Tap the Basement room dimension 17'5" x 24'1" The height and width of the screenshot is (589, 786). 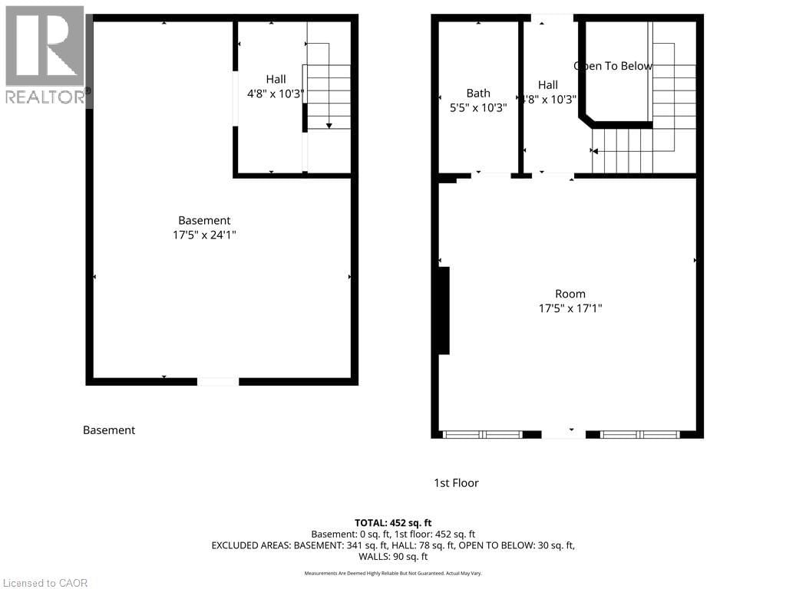[x=204, y=235]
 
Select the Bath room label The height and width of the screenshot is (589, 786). [x=478, y=94]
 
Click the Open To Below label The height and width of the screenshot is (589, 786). [x=613, y=66]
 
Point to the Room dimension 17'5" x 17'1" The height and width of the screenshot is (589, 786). [x=570, y=308]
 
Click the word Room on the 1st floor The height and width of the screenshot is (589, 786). [x=570, y=294]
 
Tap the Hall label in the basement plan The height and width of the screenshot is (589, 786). [x=276, y=79]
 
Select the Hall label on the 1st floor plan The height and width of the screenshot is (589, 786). [x=548, y=85]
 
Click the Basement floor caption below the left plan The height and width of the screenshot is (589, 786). [x=109, y=430]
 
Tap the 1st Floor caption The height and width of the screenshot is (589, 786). [x=456, y=483]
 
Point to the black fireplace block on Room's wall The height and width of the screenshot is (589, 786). [x=443, y=310]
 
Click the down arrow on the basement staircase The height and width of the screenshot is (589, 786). [x=329, y=125]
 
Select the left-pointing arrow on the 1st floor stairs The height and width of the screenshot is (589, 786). [x=595, y=151]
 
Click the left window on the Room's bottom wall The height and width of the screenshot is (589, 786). [x=483, y=435]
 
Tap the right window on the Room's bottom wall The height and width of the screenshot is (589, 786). [x=640, y=435]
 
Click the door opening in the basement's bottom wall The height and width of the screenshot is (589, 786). [x=218, y=381]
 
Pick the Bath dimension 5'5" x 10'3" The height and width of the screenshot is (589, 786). [x=478, y=108]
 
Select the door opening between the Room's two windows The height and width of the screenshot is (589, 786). [x=563, y=435]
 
